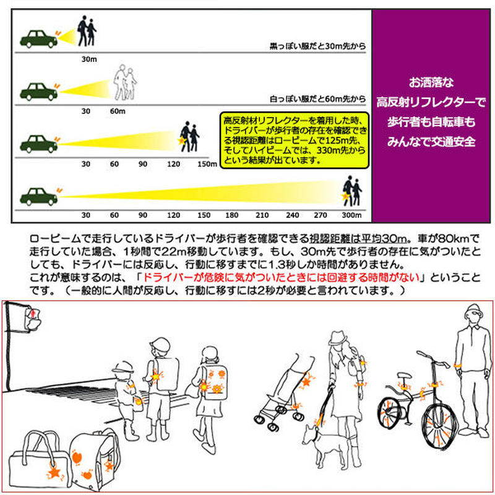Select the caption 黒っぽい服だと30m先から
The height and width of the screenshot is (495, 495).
[x=316, y=46]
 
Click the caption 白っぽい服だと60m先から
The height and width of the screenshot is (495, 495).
[x=316, y=98]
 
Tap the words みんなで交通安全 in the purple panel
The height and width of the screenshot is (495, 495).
[x=431, y=140]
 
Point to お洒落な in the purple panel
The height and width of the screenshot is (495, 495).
[x=431, y=82]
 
